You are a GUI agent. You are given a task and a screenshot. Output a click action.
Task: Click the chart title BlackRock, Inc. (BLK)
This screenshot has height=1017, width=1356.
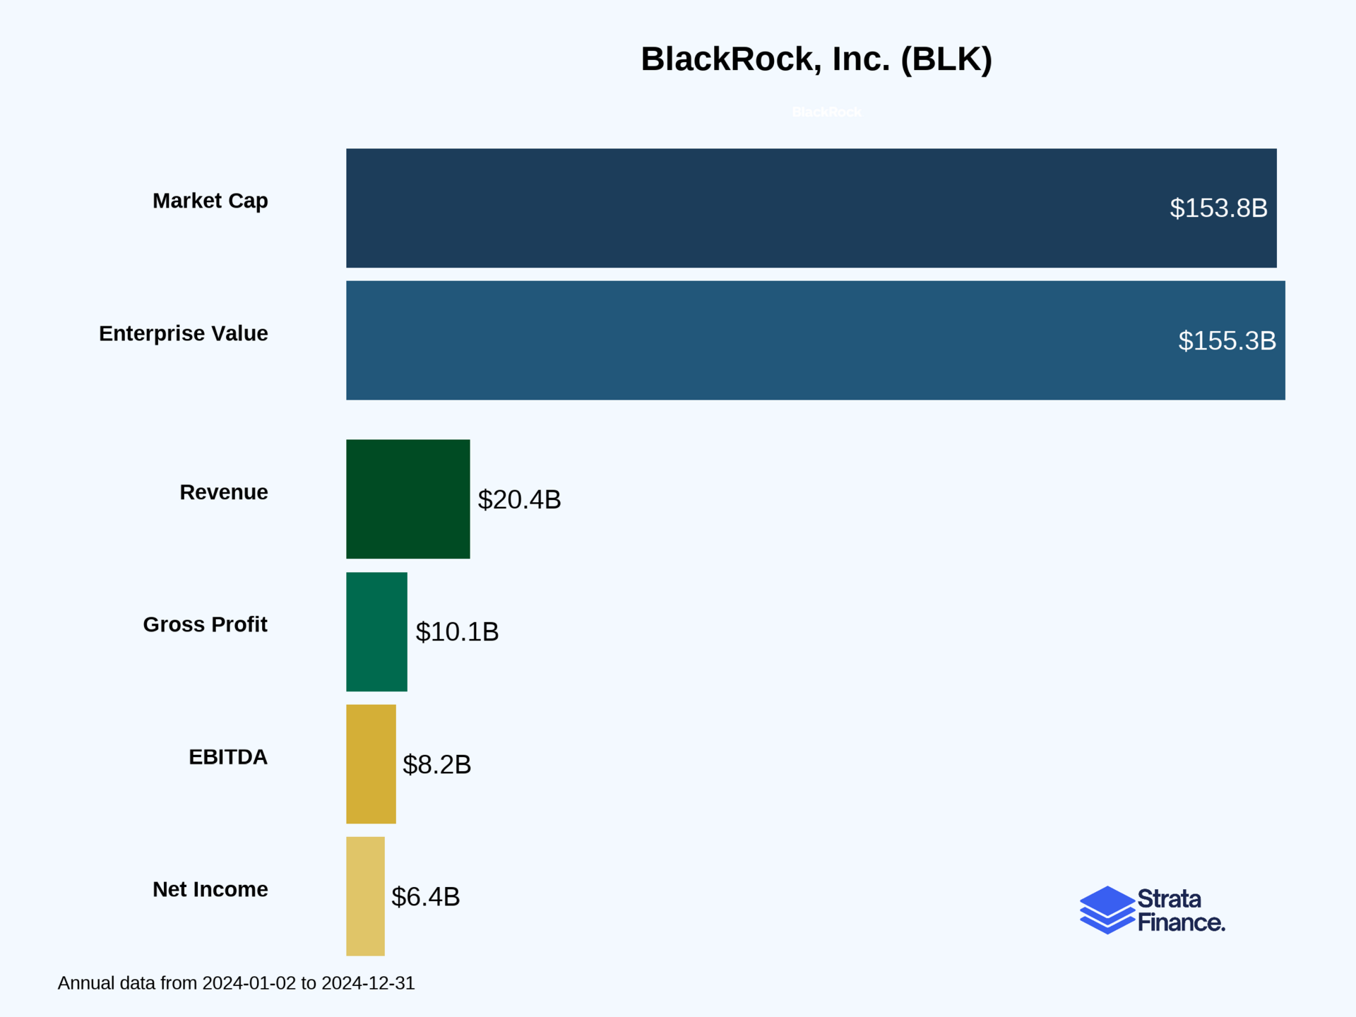point(816,59)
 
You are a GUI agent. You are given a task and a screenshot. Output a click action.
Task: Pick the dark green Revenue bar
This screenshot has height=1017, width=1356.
point(408,499)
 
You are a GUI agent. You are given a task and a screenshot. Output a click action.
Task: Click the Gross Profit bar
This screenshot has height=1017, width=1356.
point(376,631)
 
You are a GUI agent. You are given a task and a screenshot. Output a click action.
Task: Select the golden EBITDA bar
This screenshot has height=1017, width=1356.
point(371,764)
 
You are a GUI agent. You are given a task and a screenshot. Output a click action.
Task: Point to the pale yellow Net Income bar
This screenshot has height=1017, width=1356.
point(365,896)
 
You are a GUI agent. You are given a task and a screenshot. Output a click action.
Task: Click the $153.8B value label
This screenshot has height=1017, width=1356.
point(1218,208)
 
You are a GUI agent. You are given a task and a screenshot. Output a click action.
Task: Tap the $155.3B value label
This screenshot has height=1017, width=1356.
point(1227,341)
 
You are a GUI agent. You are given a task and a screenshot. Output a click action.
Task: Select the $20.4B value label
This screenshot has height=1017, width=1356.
point(519,500)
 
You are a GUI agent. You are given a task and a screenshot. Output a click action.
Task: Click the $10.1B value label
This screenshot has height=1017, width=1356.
point(457,632)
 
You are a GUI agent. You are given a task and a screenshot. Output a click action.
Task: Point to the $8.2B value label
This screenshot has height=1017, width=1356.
point(436,765)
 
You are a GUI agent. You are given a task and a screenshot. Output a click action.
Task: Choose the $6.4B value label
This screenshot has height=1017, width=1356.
point(425,897)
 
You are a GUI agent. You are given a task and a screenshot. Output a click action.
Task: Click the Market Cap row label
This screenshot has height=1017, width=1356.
point(210,201)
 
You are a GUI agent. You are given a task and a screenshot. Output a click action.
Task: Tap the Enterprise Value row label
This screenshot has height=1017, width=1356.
point(183,333)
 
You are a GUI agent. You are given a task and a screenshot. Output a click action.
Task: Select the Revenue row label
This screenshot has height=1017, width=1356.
point(223,492)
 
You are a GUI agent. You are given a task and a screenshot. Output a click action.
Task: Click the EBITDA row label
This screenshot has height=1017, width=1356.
point(227,757)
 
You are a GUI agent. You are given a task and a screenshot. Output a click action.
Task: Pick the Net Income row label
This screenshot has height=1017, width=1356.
point(210,889)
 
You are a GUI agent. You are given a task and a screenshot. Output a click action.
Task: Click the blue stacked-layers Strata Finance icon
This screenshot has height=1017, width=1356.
point(1107,910)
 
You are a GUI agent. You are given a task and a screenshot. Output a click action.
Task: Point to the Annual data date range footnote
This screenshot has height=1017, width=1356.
point(236,983)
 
